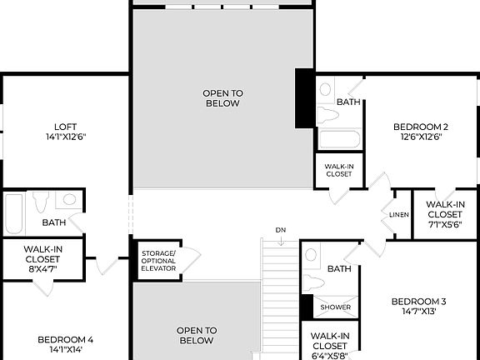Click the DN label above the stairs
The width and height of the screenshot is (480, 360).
point(280,229)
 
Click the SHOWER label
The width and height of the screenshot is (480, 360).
point(336,307)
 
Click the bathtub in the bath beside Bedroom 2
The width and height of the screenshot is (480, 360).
point(337,138)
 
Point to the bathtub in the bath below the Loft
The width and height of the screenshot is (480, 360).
point(13,212)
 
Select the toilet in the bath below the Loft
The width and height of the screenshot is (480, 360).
point(40,203)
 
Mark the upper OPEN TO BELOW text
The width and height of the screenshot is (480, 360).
point(222,98)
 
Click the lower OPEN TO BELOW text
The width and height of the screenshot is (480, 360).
point(197,335)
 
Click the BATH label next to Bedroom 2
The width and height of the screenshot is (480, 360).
point(348,102)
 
